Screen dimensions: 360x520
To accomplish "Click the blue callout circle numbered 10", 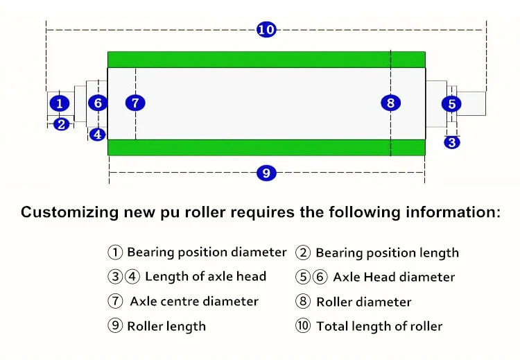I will click(x=266, y=30).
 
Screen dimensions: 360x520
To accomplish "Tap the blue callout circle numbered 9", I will click(x=266, y=173).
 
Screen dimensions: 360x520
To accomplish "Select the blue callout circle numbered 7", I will click(x=135, y=103).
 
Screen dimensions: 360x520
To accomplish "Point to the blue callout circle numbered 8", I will click(x=391, y=103).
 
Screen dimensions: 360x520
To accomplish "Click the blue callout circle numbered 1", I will click(x=60, y=103).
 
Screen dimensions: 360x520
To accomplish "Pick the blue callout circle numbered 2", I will click(x=62, y=125).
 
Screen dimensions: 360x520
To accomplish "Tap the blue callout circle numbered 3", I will click(x=452, y=143).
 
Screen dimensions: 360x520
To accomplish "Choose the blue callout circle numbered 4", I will click(x=98, y=135).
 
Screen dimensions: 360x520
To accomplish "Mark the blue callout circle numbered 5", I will click(x=452, y=104).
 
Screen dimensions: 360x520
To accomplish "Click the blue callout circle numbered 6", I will click(x=98, y=103).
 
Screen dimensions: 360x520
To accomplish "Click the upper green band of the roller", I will click(x=267, y=59).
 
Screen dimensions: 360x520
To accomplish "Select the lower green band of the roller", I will click(x=267, y=148).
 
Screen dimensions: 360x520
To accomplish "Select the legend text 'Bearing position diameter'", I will click(x=207, y=252).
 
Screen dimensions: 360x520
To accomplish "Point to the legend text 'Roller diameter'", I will click(x=363, y=302).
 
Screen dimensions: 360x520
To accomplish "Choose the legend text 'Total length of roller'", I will click(x=379, y=326).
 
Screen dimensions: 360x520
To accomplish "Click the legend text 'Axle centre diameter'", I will click(x=194, y=301).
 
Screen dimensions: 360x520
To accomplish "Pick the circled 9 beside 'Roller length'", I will click(x=115, y=325).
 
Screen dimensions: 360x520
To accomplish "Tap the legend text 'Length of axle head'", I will click(x=205, y=276).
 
